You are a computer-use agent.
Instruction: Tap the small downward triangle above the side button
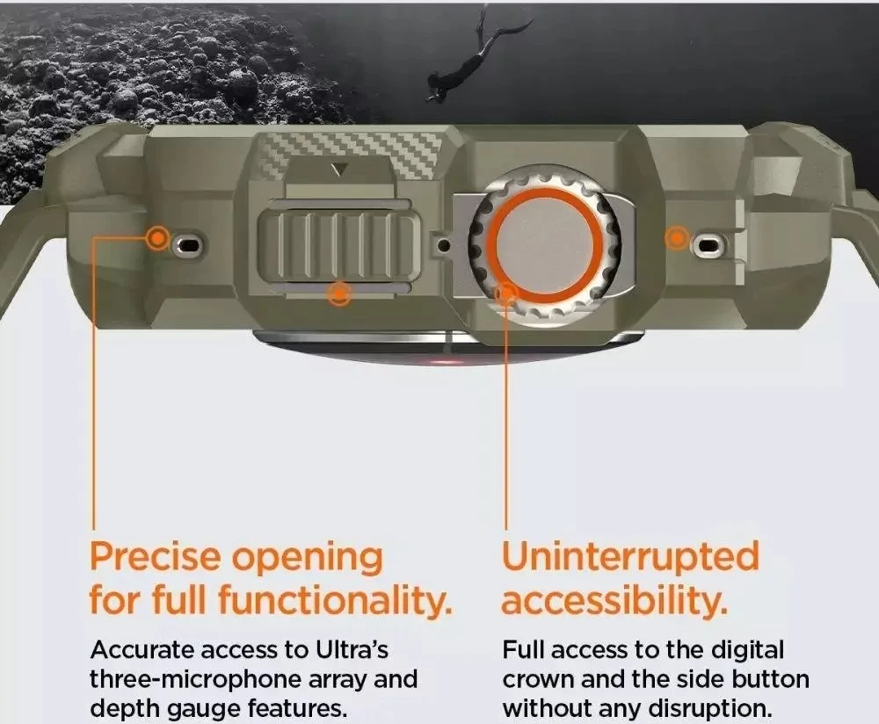pos(339,170)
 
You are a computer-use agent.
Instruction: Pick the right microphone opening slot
pos(708,245)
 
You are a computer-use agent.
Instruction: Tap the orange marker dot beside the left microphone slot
pos(157,239)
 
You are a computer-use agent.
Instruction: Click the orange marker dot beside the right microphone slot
pos(677,238)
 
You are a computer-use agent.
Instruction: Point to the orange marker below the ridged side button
pos(339,293)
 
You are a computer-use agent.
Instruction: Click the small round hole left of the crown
pos(444,245)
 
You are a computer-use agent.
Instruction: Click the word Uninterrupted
pos(630,556)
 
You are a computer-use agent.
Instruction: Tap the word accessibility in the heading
pos(614,599)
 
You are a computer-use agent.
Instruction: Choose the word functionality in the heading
pos(335,599)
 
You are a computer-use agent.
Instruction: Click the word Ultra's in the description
pos(352,650)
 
